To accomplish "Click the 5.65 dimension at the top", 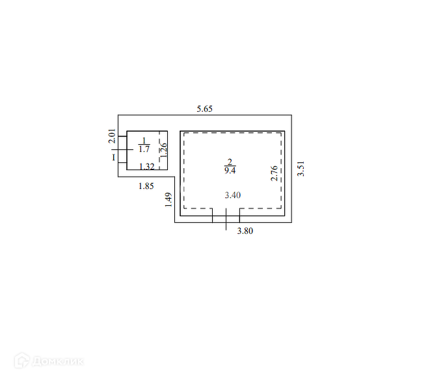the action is [204, 109].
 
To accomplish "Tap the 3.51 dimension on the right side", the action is [301, 169].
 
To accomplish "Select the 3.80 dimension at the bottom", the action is [245, 231].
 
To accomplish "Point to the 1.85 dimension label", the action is [146, 186].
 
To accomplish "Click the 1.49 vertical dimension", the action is [168, 199].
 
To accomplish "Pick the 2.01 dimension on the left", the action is [112, 136].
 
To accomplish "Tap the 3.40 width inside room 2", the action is [232, 195].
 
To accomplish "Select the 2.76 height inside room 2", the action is [275, 173].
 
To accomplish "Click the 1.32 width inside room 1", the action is [147, 166].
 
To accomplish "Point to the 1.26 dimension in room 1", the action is [163, 150].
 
